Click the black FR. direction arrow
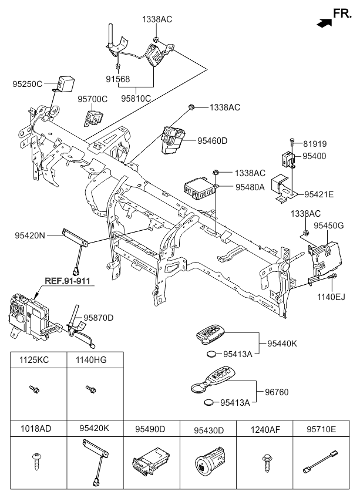[324, 23]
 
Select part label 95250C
[28, 84]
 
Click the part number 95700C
[92, 99]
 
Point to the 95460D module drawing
[173, 140]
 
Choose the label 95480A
[250, 187]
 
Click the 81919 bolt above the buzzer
[292, 142]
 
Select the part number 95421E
[319, 194]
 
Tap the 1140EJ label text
[331, 297]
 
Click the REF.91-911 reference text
[68, 281]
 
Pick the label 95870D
[99, 318]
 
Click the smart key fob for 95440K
[210, 334]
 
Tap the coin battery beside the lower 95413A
[210, 402]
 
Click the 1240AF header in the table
[265, 430]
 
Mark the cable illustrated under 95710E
[320, 462]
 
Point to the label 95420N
[30, 235]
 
